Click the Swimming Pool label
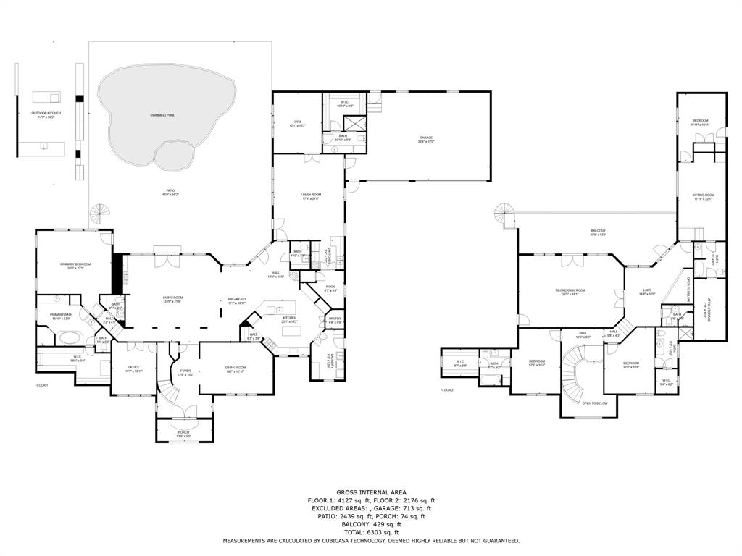tap(162, 115)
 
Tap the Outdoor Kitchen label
tap(46, 114)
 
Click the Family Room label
tap(311, 195)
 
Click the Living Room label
tap(172, 299)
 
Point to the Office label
tap(133, 368)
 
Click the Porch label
tap(184, 434)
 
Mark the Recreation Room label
tap(570, 291)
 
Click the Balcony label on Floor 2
tap(597, 232)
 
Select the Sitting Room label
tap(703, 196)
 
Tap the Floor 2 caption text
tap(446, 390)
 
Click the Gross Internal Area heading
tap(370, 492)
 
